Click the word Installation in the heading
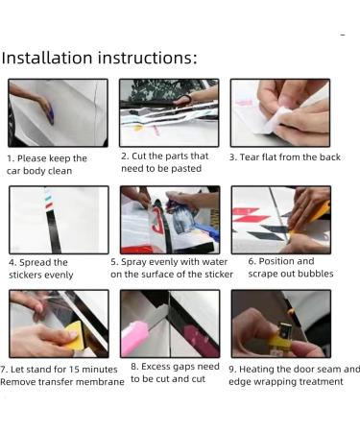47,58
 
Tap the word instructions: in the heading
148,58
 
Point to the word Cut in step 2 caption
139,156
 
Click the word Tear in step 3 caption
249,157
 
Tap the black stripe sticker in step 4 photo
51,231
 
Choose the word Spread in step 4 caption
35,263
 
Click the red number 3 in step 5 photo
157,221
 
